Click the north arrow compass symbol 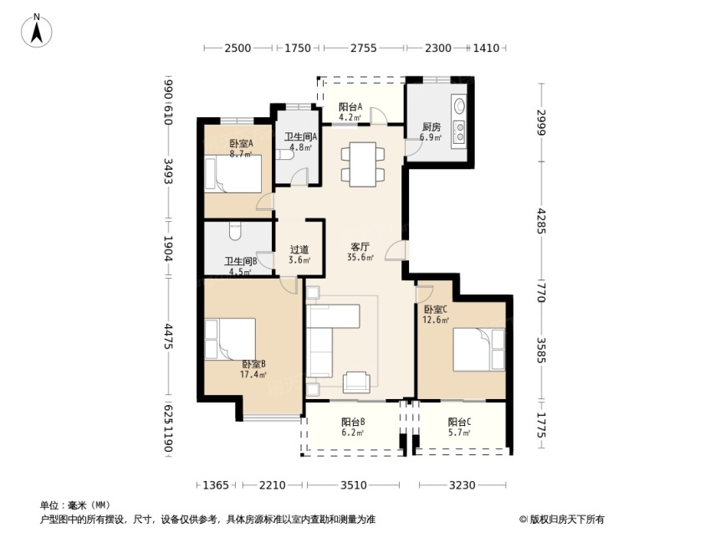[37, 31]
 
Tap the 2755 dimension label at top [363, 48]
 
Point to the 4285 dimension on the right [541, 221]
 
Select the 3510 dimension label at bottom [353, 485]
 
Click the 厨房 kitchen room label [431, 127]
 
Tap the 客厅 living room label [360, 247]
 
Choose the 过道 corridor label [299, 249]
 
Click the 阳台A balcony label [350, 107]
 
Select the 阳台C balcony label [460, 422]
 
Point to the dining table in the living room [363, 165]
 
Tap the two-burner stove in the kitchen [460, 132]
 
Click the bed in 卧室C [479, 350]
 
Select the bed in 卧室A [233, 174]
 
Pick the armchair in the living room [356, 382]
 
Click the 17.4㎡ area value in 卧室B [253, 374]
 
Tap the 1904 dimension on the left [167, 249]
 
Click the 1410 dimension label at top [486, 48]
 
